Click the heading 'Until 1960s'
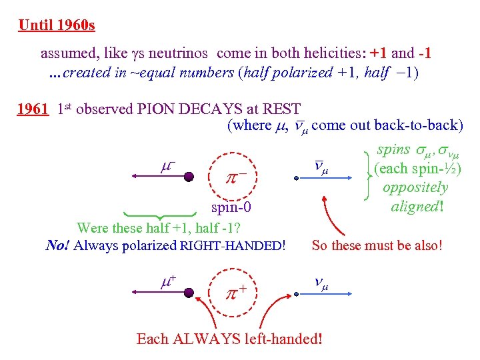57,26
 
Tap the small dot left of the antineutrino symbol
297,178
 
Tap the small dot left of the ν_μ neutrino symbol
297,292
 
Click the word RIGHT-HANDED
233,246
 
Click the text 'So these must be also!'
377,245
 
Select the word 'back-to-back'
420,125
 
